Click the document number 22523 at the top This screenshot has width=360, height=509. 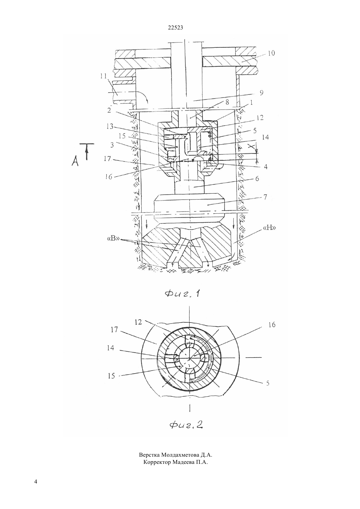click(x=175, y=27)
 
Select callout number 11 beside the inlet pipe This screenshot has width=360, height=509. click(x=104, y=76)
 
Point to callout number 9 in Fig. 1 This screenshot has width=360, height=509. click(x=261, y=93)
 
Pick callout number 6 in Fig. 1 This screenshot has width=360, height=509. click(x=257, y=179)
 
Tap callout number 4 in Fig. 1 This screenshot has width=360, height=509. click(x=266, y=167)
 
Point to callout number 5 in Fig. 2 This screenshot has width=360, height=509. click(x=268, y=383)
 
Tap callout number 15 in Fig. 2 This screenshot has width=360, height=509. click(x=111, y=376)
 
